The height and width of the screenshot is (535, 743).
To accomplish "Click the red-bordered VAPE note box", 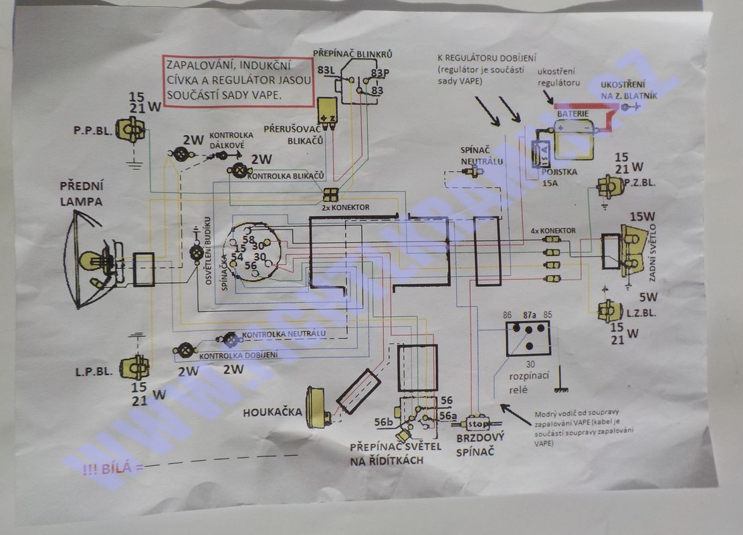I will pyautogui.click(x=238, y=82).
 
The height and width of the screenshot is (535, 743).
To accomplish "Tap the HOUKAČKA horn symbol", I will pyautogui.click(x=318, y=407).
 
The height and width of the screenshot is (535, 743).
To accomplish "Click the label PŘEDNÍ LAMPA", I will pyautogui.click(x=81, y=193).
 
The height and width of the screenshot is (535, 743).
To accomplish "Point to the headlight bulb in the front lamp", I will pyautogui.click(x=90, y=261).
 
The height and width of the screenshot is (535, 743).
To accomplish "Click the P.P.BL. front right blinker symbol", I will pyautogui.click(x=130, y=129).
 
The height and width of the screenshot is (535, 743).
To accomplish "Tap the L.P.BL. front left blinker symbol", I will pyautogui.click(x=134, y=367).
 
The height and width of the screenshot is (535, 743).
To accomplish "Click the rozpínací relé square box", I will pyautogui.click(x=528, y=338).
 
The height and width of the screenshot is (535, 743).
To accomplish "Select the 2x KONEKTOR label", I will pyautogui.click(x=345, y=208).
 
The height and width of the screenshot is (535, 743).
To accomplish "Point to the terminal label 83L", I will pyautogui.click(x=327, y=70).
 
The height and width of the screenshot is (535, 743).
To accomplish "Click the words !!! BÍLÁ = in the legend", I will pyautogui.click(x=113, y=467).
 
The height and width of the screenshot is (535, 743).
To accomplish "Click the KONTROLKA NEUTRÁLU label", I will pyautogui.click(x=284, y=333).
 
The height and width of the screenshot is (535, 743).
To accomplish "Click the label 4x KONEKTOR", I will pyautogui.click(x=553, y=231).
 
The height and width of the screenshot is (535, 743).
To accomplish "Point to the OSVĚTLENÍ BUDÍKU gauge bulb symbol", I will pyautogui.click(x=197, y=253).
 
